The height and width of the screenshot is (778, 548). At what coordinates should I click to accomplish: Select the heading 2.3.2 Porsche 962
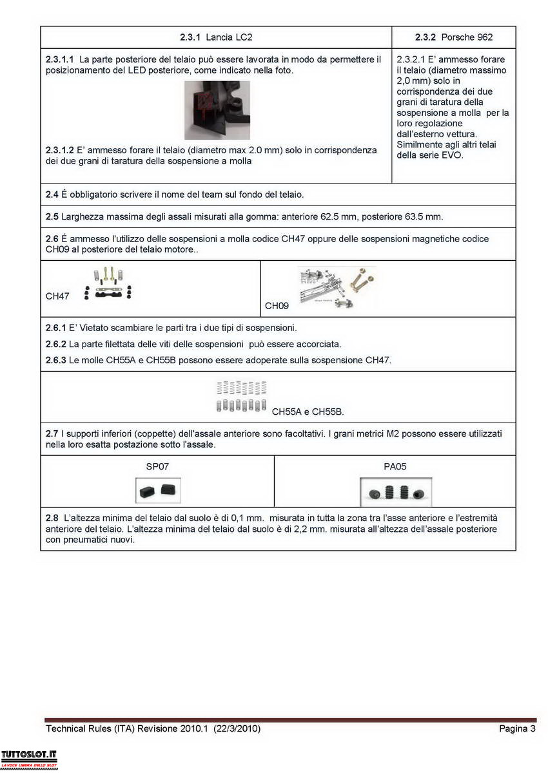pos(454,37)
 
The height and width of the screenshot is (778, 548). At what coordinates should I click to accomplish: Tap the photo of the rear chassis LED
pos(217,110)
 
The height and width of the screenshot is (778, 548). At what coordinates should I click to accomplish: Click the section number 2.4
pos(52,194)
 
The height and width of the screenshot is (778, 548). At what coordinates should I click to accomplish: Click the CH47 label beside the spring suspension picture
pos(57,296)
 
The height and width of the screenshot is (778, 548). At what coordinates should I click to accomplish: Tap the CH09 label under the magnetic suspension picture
pos(277,306)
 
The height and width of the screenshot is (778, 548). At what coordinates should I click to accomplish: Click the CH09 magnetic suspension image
pos(337,287)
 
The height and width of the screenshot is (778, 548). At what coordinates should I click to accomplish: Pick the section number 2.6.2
pos(56,344)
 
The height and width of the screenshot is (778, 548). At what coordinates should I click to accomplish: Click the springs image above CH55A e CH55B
pos(242,396)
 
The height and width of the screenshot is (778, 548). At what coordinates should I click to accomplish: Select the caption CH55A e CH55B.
pos(308,411)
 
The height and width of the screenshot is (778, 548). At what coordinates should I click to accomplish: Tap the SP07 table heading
pos(157,466)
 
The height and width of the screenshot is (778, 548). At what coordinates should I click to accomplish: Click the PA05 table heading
pos(395,466)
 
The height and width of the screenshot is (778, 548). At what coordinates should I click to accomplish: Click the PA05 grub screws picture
pos(395,493)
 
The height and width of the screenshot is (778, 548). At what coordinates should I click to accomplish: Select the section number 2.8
pos(52,518)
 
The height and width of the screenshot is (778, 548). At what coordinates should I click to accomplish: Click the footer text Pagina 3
pos(517,729)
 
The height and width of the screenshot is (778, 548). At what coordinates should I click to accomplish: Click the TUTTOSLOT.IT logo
pos(29,758)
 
